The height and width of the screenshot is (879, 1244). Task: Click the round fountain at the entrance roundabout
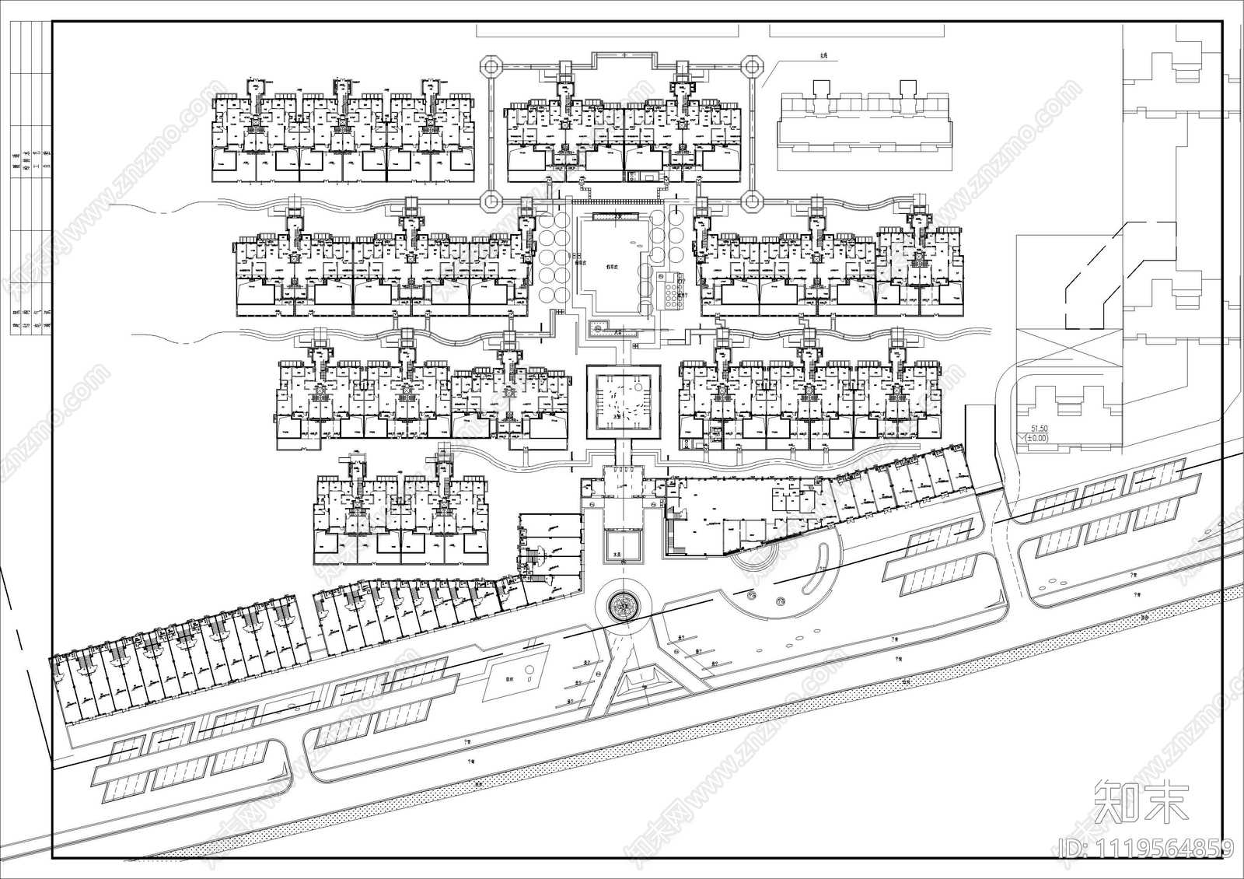623,604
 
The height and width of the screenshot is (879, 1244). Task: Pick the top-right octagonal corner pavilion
751,67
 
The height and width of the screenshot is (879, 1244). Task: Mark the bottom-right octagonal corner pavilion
751,201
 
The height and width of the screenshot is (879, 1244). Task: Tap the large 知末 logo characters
1141,801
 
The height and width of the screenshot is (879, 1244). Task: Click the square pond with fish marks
623,401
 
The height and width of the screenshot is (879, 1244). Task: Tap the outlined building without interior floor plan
865,124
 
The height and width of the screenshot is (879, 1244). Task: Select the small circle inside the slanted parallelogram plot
529,670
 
